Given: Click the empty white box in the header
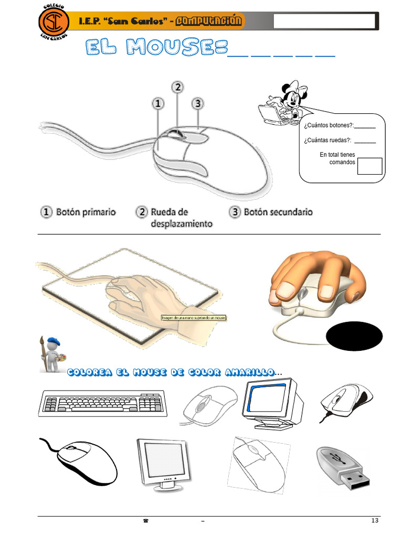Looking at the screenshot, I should pos(324,22).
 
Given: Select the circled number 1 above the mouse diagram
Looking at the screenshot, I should pos(158,103).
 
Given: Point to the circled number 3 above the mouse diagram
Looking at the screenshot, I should pos(197,103).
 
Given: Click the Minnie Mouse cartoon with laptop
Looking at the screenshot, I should pos(283,103).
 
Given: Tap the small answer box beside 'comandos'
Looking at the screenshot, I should pos(369,166).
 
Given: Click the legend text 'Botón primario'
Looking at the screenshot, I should pos(86,212).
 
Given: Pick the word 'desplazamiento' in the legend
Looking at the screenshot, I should pos(182,224).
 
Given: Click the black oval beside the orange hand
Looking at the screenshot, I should pos(354,337).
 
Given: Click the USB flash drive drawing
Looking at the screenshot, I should pos(344,467).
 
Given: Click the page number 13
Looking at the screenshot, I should pos(374,520).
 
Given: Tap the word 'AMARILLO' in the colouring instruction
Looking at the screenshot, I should pos(249,372).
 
